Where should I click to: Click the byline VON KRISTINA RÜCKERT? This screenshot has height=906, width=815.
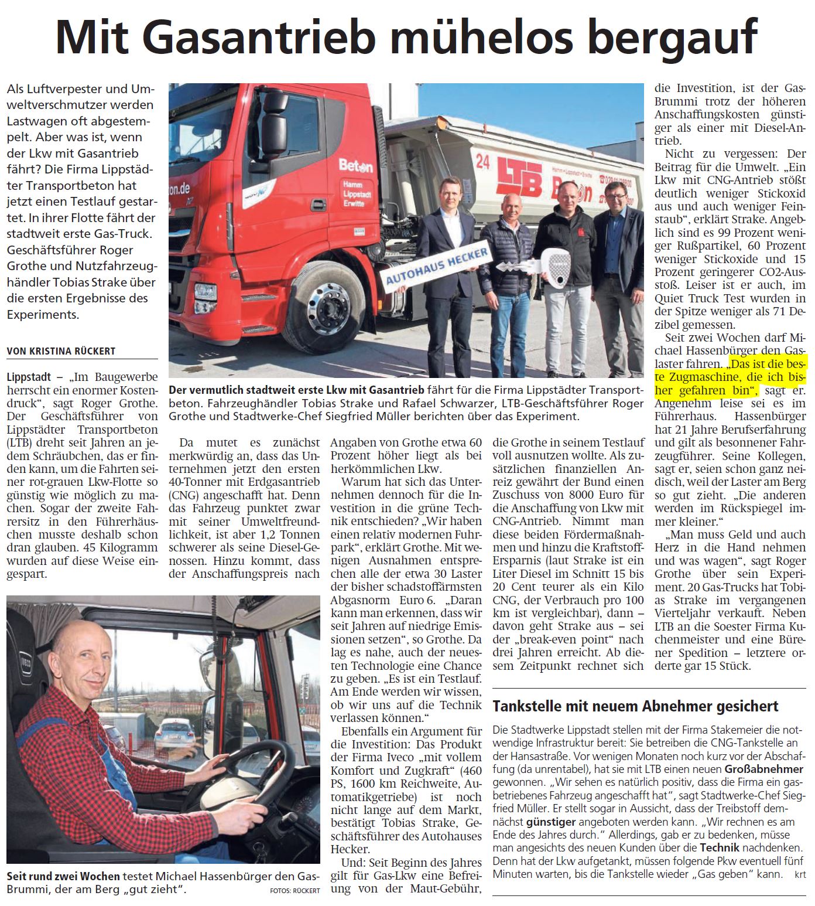click(x=61, y=351)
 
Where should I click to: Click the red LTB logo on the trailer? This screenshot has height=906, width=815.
click(x=519, y=176)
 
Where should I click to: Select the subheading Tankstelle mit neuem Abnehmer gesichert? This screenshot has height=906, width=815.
click(x=635, y=706)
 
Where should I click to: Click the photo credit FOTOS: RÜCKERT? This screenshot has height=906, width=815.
click(x=295, y=890)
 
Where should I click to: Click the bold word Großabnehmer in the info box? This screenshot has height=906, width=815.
click(x=764, y=768)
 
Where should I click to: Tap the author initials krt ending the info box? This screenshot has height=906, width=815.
click(x=800, y=874)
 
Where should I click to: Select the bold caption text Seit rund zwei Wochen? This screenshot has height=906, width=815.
click(x=63, y=877)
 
